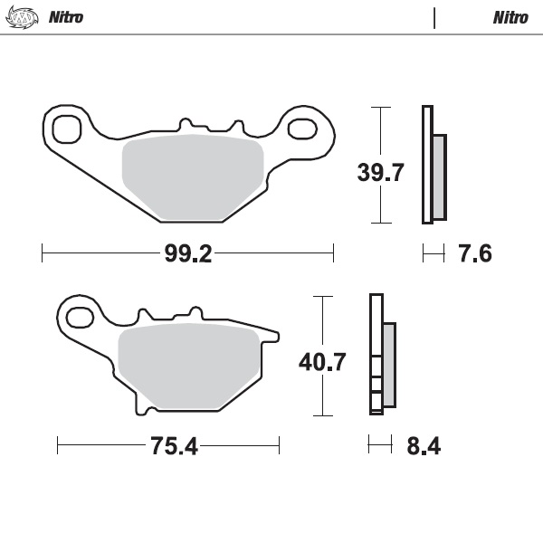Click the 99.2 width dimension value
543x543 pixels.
(x=187, y=254)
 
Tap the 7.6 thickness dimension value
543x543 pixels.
(x=475, y=254)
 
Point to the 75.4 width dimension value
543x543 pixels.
(x=167, y=446)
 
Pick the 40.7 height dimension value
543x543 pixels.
(x=322, y=363)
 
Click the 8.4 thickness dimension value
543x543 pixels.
(x=424, y=446)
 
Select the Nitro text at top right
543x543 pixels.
(x=510, y=17)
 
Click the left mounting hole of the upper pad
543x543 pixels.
(x=67, y=129)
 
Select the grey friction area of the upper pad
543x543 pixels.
(x=192, y=178)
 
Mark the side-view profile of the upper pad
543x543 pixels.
(x=433, y=165)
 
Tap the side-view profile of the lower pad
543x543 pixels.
(x=381, y=355)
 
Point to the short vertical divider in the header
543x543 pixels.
(x=434, y=17)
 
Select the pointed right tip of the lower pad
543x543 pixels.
(x=277, y=337)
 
